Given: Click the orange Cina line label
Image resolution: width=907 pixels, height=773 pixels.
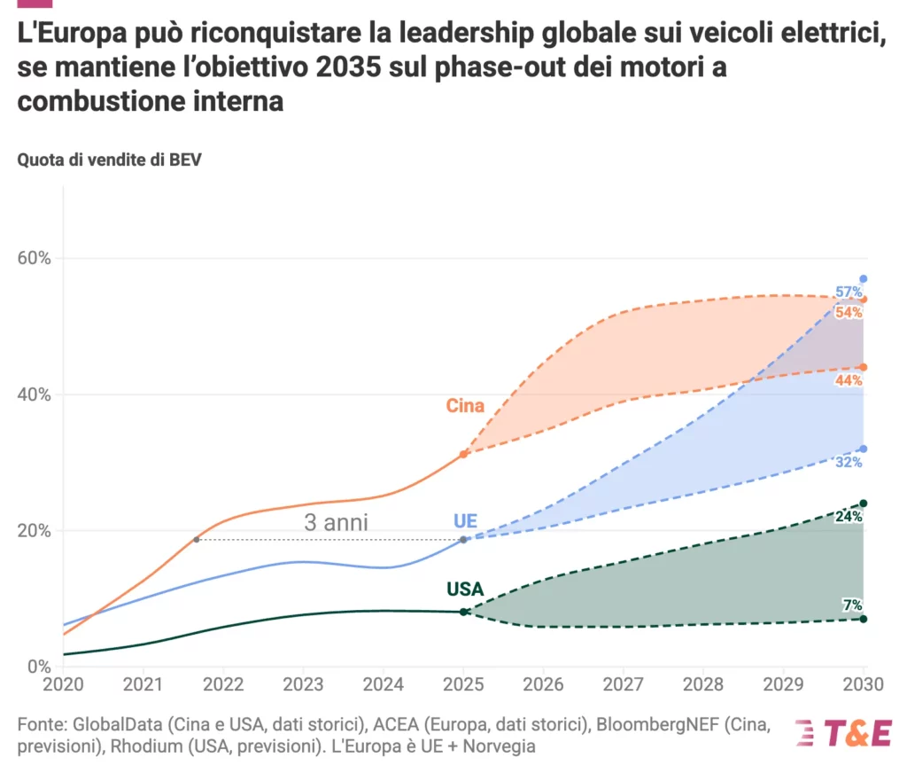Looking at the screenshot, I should [x=465, y=406].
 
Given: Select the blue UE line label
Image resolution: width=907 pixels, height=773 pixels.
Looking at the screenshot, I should [x=465, y=520].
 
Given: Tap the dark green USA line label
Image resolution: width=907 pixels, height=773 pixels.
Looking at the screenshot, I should [x=465, y=590].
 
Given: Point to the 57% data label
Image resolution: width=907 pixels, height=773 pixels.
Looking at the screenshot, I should [x=849, y=293].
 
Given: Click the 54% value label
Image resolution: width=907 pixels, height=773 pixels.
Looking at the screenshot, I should [x=849, y=313].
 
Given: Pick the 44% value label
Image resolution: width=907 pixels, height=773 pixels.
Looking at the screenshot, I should [x=849, y=380].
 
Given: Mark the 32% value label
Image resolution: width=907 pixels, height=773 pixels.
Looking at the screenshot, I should [x=849, y=462].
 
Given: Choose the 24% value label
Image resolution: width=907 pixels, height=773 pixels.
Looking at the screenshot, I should [x=849, y=517].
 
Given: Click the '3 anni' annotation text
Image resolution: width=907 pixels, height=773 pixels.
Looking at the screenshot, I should [x=336, y=523].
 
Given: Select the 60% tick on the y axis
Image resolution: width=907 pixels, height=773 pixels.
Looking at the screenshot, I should [x=35, y=259].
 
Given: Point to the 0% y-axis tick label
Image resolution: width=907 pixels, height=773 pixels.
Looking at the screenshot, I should [x=40, y=667].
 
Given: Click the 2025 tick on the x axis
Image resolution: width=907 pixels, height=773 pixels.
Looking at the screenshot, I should [x=463, y=685].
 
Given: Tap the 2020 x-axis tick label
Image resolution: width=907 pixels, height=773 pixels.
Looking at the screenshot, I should [x=64, y=685].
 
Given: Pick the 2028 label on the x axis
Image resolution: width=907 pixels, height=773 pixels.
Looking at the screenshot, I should [x=703, y=685].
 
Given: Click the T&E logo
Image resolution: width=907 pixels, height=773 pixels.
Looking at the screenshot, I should [x=842, y=733].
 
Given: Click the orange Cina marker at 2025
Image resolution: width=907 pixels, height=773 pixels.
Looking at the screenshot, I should [x=463, y=454].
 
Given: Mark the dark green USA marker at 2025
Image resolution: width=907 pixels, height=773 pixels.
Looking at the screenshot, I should [x=463, y=612].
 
